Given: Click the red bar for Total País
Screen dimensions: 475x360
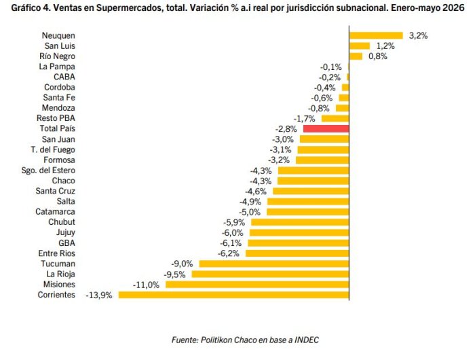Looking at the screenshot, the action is tap(326, 128).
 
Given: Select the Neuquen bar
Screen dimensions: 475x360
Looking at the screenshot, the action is tap(376, 35).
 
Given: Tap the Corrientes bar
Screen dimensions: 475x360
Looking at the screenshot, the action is tap(233, 295).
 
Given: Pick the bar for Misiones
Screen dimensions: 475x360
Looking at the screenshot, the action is tap(257, 285).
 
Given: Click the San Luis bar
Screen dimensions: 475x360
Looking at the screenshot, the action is tap(360, 46).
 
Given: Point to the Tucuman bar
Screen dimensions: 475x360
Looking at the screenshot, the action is tap(274, 264).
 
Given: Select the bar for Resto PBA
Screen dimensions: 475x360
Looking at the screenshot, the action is tap(335, 118).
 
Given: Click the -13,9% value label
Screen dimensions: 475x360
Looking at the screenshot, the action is tap(99, 295).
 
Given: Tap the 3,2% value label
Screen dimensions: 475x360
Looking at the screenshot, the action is tap(419, 36).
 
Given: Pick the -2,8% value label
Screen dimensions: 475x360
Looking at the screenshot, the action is tap(286, 129).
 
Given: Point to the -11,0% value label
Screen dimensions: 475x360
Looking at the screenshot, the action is tap(146, 285).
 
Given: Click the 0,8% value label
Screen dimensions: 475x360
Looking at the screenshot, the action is tap(378, 56).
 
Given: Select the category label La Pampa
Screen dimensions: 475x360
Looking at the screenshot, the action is tap(57, 67).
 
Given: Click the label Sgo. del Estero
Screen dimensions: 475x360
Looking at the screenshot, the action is tap(48, 170).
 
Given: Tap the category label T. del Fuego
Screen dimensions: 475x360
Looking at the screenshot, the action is tap(53, 150).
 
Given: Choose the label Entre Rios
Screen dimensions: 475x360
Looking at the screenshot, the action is tap(56, 253).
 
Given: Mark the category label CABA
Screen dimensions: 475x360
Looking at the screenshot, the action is tap(64, 77).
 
